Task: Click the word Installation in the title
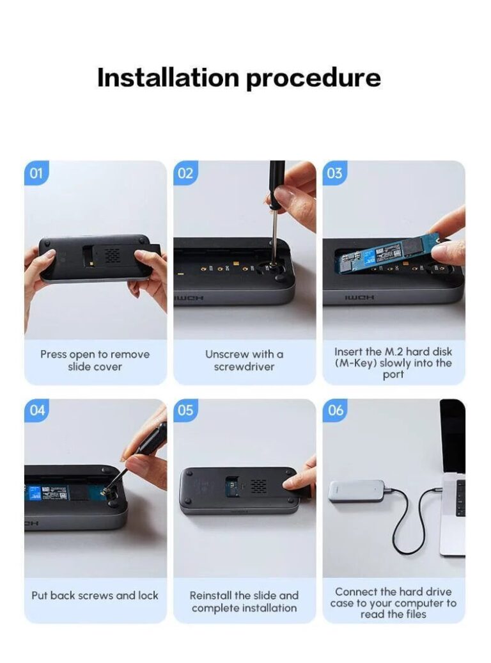(168, 77)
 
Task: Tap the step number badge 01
(36, 173)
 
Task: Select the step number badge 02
(185, 173)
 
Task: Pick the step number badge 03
(334, 173)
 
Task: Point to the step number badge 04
(37, 410)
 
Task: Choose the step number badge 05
(185, 410)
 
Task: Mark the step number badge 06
(335, 410)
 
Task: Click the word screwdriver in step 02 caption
(244, 367)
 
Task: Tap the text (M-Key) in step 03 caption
(356, 363)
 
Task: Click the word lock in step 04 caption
(148, 595)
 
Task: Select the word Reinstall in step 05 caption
(210, 595)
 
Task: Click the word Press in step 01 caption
(53, 355)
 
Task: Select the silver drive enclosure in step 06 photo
(357, 494)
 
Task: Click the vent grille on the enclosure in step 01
(112, 255)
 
